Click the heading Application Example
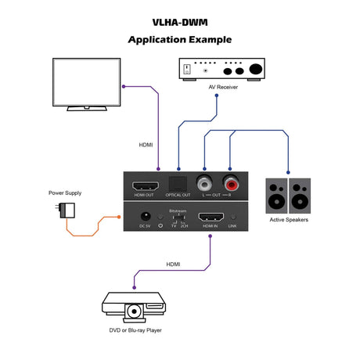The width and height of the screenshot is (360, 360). (179, 39)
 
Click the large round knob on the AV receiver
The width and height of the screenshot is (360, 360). (255, 69)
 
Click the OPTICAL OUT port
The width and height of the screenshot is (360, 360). (178, 184)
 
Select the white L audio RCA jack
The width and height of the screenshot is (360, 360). (205, 184)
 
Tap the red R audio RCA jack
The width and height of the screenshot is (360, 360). (231, 184)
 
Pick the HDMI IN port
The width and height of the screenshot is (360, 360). (209, 217)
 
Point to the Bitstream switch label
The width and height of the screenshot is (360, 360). (178, 211)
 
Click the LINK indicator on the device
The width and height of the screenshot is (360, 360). (232, 225)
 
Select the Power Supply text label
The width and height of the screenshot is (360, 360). (65, 193)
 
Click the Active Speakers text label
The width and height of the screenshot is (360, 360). (289, 221)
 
